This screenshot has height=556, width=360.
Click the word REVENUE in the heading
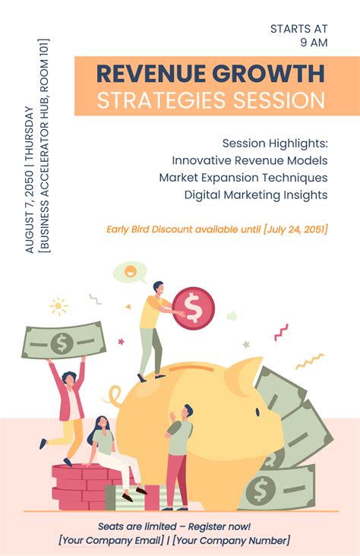click(151, 74)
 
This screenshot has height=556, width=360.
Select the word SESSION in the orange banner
click(279, 100)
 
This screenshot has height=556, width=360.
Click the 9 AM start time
click(314, 43)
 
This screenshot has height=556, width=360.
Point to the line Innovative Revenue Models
click(250, 160)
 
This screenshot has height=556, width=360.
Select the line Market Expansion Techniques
click(243, 178)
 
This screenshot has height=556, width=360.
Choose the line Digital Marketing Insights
click(256, 195)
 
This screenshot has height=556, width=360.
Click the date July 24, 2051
click(295, 229)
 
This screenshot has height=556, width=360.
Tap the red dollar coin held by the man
click(194, 308)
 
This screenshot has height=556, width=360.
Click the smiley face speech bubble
click(129, 273)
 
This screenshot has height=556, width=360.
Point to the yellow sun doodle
click(58, 306)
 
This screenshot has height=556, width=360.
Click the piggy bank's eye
click(257, 412)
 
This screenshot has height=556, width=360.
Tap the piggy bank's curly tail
click(114, 395)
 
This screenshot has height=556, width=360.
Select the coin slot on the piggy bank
click(191, 368)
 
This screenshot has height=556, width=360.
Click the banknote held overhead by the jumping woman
click(64, 340)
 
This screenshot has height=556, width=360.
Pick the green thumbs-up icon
click(232, 315)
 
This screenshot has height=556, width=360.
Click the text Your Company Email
click(112, 541)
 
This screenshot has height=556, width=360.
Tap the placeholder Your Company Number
click(232, 541)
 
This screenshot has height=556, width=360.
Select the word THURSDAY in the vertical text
click(30, 131)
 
